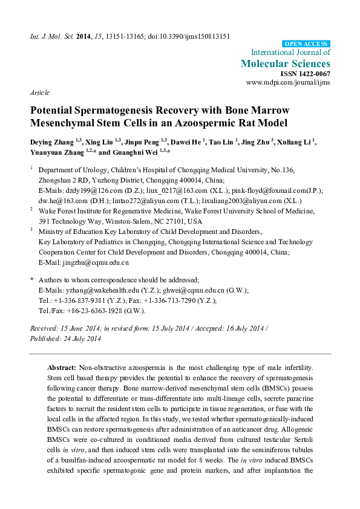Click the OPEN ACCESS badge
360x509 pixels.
(307, 44)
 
